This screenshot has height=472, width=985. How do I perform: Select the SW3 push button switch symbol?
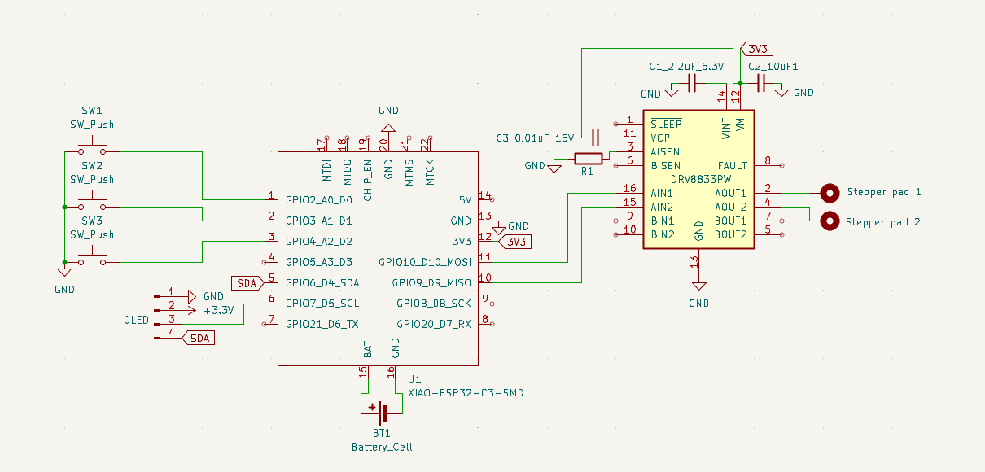point(92,260)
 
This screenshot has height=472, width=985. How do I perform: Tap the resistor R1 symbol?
point(588,158)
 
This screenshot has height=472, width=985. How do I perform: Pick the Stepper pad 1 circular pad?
point(830,193)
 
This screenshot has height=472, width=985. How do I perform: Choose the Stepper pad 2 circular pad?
point(830,221)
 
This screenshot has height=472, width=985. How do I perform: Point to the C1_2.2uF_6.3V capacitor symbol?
point(693,82)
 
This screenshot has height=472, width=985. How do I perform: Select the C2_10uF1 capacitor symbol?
point(762,82)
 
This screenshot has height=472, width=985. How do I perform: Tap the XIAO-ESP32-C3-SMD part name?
point(466,393)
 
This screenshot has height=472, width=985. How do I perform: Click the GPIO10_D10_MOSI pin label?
point(424,262)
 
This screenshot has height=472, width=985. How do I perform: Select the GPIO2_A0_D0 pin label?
point(318,199)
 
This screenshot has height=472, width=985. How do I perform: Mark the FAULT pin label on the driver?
point(732,166)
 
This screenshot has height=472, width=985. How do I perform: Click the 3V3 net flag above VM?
point(757,49)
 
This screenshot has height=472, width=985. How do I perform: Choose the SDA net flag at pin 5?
point(247,283)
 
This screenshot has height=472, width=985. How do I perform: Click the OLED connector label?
point(136,320)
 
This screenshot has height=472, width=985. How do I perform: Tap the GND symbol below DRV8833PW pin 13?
point(698,287)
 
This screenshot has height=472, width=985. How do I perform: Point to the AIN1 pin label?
point(662,193)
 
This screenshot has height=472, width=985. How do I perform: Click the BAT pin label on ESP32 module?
point(368,350)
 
